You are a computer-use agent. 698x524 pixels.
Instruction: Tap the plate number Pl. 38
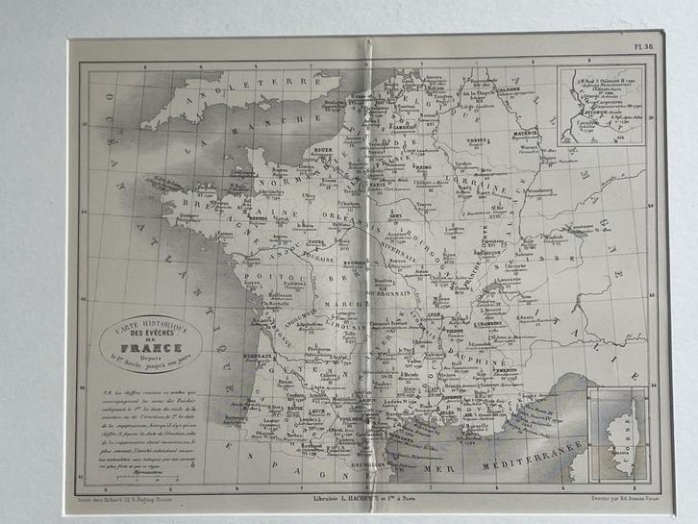tap(646, 45)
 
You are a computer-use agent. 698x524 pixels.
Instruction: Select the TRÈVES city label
tap(471, 137)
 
